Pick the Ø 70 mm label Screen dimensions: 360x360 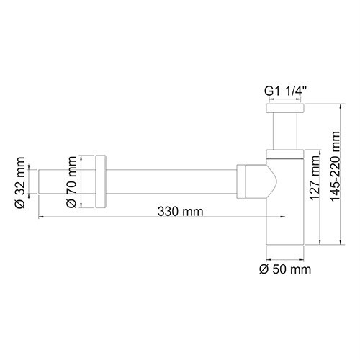(x=72, y=185)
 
